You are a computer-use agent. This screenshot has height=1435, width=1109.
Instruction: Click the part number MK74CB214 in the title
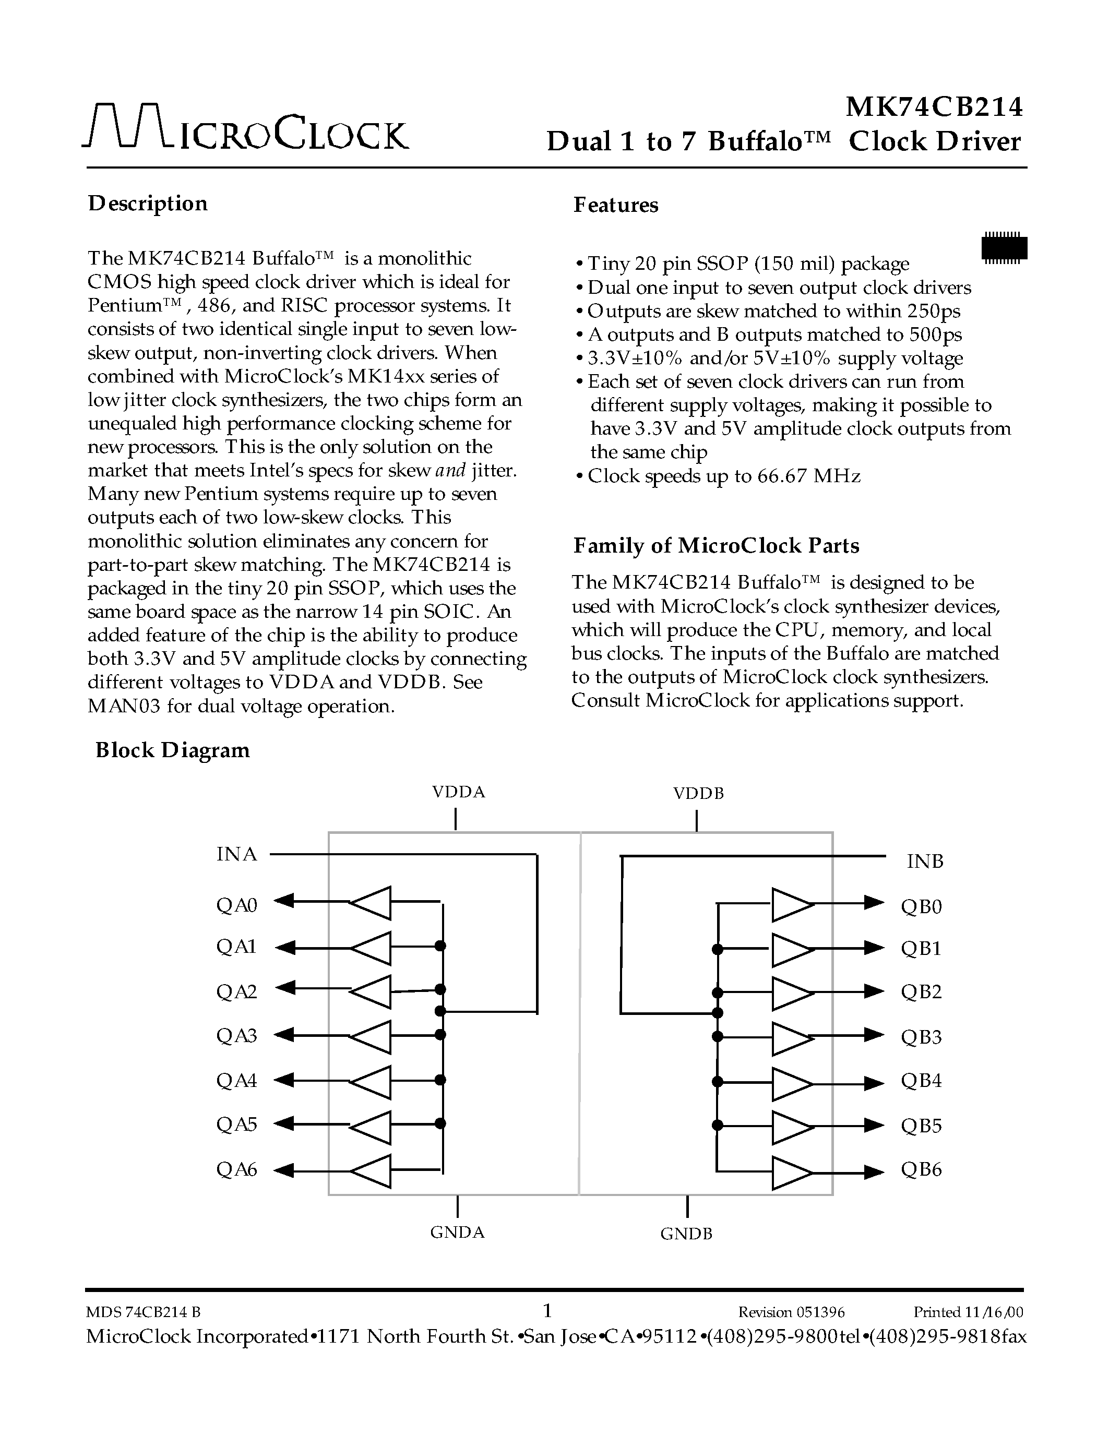pyautogui.click(x=934, y=107)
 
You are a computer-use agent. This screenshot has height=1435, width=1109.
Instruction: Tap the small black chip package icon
pyautogui.click(x=1003, y=248)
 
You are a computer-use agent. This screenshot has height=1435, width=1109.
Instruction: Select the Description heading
pyautogui.click(x=148, y=204)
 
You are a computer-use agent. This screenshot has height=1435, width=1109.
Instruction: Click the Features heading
pyautogui.click(x=616, y=205)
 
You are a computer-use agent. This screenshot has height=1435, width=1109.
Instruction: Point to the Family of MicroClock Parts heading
pyautogui.click(x=716, y=545)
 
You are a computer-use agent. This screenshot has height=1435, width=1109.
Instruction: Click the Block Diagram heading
pyautogui.click(x=173, y=750)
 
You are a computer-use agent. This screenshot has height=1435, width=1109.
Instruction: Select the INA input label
pyautogui.click(x=236, y=854)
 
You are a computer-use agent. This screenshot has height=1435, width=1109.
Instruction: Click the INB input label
pyautogui.click(x=924, y=862)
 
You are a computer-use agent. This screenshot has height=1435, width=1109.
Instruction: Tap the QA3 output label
pyautogui.click(x=236, y=1035)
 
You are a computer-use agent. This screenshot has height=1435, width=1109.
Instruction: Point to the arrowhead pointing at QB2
pyautogui.click(x=874, y=991)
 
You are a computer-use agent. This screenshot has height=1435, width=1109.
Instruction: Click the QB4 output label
pyautogui.click(x=921, y=1081)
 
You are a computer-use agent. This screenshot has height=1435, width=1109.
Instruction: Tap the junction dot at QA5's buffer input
pyautogui.click(x=440, y=1123)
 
